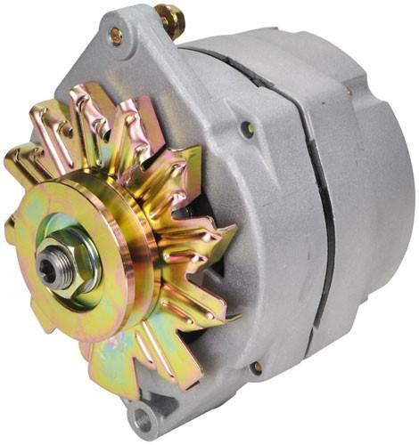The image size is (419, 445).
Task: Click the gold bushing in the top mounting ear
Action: point(116,36)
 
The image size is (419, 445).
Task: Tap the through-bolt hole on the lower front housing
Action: point(256,367)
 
